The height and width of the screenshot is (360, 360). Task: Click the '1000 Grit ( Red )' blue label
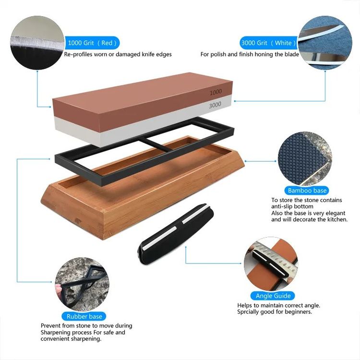92,43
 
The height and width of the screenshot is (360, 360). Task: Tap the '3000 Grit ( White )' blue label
268,43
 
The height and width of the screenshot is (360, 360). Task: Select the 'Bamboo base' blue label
307,191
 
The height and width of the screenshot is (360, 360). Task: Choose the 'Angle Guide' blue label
273,296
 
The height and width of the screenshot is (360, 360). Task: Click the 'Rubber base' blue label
84,316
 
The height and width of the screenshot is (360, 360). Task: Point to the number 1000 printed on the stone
216,92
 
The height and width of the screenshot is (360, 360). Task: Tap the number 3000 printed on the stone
215,105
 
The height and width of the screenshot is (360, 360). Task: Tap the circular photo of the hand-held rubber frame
82,285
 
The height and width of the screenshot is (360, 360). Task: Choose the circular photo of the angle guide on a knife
271,264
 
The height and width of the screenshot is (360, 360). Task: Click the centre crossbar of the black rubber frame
156,144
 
